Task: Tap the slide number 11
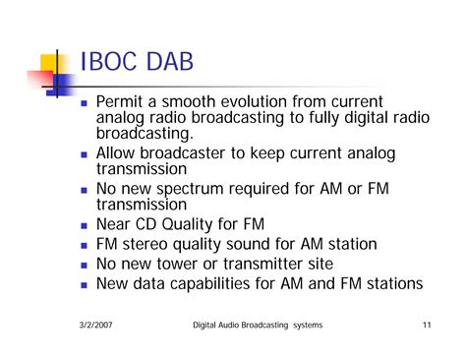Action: coord(426,326)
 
